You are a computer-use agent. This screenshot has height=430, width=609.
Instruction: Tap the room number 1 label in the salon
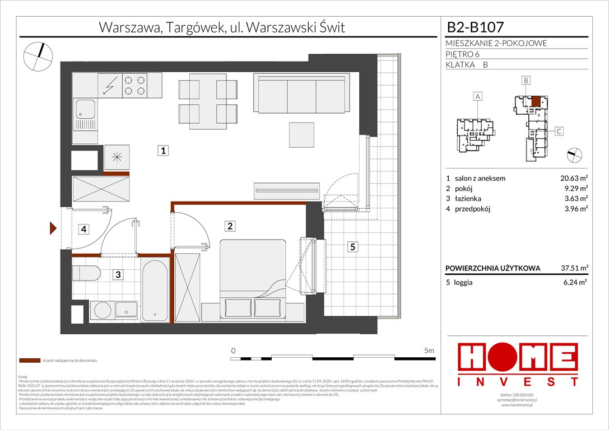[x=162, y=151]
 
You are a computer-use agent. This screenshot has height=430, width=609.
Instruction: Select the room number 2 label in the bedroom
[x=230, y=226]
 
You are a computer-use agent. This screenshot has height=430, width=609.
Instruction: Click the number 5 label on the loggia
[x=351, y=246]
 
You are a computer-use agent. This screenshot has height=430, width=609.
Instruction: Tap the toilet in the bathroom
[x=86, y=274]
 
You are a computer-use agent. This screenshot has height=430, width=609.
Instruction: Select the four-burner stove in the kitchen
[x=134, y=86]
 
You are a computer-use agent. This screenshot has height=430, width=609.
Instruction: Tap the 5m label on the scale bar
[x=429, y=351]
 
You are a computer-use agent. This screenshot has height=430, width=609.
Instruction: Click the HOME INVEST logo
[x=519, y=364]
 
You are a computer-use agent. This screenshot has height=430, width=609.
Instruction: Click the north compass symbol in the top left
[x=38, y=57]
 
